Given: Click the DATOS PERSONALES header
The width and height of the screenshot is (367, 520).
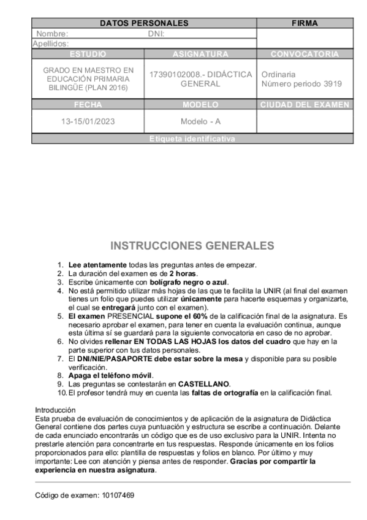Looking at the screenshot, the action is point(143,23).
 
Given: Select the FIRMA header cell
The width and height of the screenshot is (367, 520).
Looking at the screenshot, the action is point(305,23).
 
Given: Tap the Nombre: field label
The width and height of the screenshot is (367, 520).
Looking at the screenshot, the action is point(52,34).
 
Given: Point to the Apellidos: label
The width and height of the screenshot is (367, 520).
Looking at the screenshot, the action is point(50,44).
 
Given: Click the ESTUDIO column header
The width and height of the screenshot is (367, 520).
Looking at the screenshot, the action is point(88,54).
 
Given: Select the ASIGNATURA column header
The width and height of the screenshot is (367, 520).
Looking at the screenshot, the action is point(200,54).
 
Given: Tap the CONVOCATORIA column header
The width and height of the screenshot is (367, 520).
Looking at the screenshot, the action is point(305,54).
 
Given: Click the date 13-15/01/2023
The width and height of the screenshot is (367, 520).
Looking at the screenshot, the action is point(88,121).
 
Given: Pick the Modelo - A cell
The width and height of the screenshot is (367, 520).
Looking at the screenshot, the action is point(200,121).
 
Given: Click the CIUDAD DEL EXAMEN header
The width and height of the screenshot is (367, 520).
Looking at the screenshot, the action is point(305,105).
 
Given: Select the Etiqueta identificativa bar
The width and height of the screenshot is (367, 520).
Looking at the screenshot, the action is point(192,139).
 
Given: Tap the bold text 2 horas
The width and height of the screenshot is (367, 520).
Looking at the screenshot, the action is point(183,273).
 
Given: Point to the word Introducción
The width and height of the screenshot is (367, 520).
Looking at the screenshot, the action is point(55,409).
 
